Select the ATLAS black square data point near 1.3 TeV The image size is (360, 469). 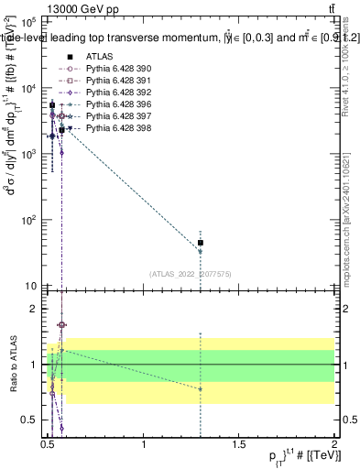(x=201, y=243)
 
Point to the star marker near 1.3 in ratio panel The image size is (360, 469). (x=201, y=389)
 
